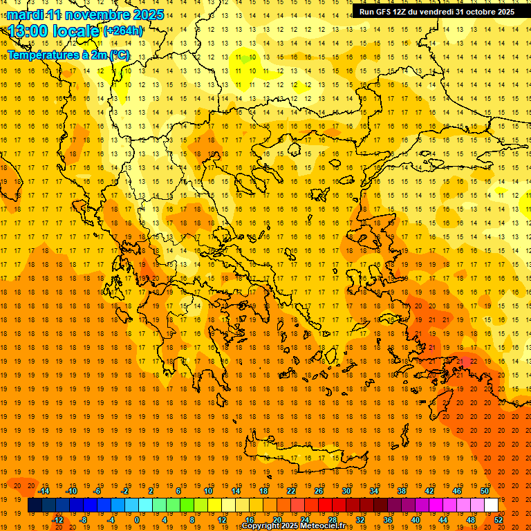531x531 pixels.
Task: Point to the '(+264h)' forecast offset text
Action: click(123, 30)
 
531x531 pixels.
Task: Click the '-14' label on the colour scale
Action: click(44, 491)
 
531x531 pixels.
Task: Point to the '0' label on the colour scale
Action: click(137, 520)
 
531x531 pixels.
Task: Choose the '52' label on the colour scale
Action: click(499, 520)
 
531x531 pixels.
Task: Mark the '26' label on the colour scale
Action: click(319, 491)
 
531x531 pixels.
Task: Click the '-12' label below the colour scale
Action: click(57, 520)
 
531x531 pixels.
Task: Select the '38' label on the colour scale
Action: click(402, 491)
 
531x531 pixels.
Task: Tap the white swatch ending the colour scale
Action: click(491, 505)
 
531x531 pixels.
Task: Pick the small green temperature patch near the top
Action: click(244, 59)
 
